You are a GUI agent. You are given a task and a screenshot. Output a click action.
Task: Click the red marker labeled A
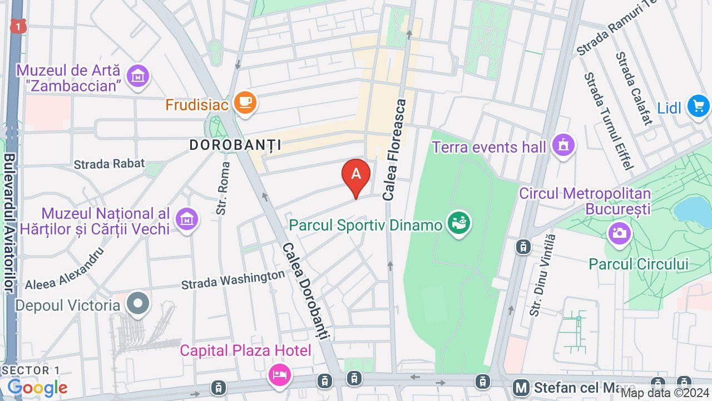(x=356, y=175)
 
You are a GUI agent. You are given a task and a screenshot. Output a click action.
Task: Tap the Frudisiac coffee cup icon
(x=245, y=103)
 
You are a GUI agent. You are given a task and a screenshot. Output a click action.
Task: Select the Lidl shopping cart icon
(x=698, y=106)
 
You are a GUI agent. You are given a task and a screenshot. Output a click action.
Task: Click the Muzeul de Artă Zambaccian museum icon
(x=137, y=75)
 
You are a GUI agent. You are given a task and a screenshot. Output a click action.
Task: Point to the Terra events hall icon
(x=563, y=146)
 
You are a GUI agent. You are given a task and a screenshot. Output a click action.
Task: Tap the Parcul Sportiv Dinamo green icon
(x=459, y=224)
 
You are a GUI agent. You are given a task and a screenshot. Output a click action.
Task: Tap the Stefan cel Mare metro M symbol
(x=521, y=388)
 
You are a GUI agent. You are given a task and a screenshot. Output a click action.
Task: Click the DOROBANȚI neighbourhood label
(x=235, y=145)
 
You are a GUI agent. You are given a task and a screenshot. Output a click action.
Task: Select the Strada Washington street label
(x=233, y=280)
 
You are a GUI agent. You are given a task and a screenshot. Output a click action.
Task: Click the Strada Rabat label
(x=109, y=164)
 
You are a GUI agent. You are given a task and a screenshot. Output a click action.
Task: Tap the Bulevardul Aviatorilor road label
(x=9, y=223)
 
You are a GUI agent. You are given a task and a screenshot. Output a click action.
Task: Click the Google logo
(x=37, y=388)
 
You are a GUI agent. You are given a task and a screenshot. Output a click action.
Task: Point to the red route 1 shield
(x=18, y=26)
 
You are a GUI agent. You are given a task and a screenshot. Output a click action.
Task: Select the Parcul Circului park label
(x=639, y=264)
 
